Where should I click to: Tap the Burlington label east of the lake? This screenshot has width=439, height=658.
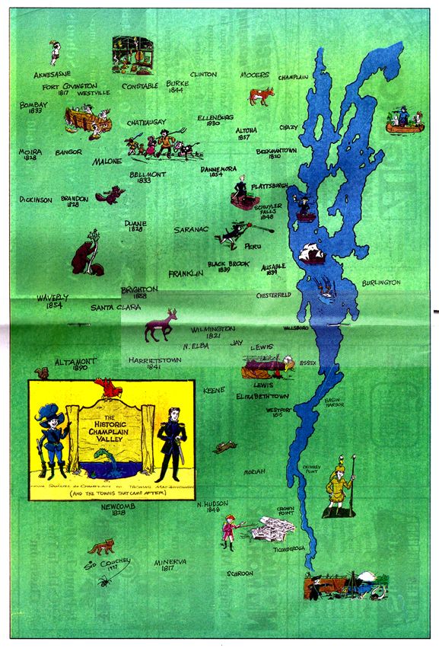click(x=382, y=283)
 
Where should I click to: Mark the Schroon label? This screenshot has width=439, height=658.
click(x=240, y=573)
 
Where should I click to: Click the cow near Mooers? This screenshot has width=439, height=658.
click(x=262, y=96)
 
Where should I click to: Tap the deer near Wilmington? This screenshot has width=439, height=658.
click(x=161, y=324)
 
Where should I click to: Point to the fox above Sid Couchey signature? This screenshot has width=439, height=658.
click(x=100, y=546)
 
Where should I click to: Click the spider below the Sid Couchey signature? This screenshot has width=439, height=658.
click(x=103, y=581)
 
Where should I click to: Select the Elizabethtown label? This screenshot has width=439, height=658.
click(x=264, y=397)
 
